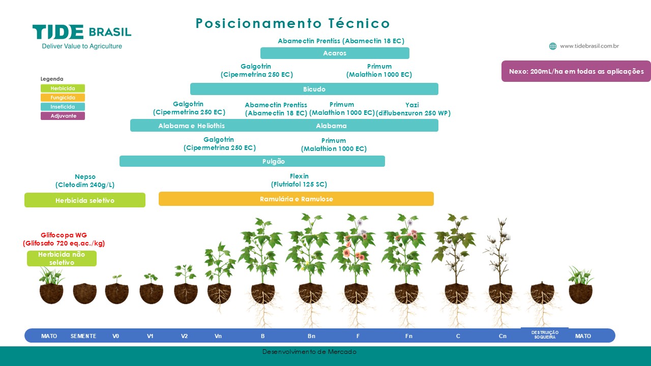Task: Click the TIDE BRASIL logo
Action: pyautogui.click(x=82, y=37)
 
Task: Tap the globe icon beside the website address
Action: pyautogui.click(x=552, y=46)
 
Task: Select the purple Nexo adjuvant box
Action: pyautogui.click(x=576, y=71)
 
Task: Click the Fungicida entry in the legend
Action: pyautogui.click(x=63, y=98)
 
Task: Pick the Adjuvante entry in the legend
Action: pyautogui.click(x=63, y=116)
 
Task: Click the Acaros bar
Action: pyautogui.click(x=335, y=53)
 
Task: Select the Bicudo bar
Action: pyautogui.click(x=314, y=89)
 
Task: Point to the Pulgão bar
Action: pyautogui.click(x=252, y=161)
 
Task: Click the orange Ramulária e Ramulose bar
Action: pyautogui.click(x=296, y=199)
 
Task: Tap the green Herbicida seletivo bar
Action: pyautogui.click(x=85, y=200)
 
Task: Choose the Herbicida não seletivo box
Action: pyautogui.click(x=62, y=258)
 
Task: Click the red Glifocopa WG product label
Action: pyautogui.click(x=64, y=239)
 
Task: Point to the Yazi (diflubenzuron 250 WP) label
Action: pyautogui.click(x=413, y=109)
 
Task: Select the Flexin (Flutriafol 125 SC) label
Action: pyautogui.click(x=299, y=180)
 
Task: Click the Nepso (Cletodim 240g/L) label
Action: pyautogui.click(x=85, y=180)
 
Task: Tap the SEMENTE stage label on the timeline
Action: pyautogui.click(x=83, y=336)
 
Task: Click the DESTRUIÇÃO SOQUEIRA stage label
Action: pyautogui.click(x=545, y=334)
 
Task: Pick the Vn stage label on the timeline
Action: pyautogui.click(x=218, y=336)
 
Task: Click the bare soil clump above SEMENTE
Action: pyautogui.click(x=84, y=293)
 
